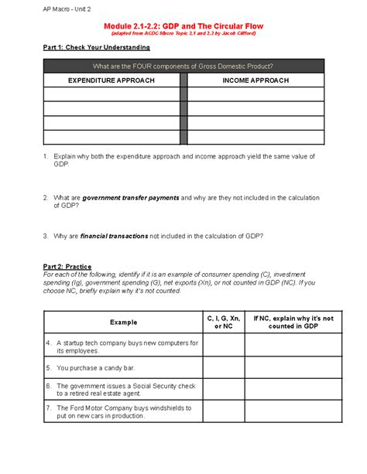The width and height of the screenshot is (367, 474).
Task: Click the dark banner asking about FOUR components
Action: [183, 66]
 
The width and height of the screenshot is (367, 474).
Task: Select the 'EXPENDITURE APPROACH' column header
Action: [111, 80]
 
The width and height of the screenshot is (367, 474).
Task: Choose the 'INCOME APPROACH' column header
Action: [256, 80]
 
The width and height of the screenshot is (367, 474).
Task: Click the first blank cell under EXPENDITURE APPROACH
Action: [111, 94]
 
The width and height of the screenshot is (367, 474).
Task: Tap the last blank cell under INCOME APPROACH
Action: [256, 138]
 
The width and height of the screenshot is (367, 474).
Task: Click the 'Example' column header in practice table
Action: [123, 322]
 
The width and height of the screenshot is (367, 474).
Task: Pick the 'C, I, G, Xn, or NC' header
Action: [224, 322]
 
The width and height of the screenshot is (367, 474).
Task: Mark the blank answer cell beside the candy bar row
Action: [224, 368]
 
